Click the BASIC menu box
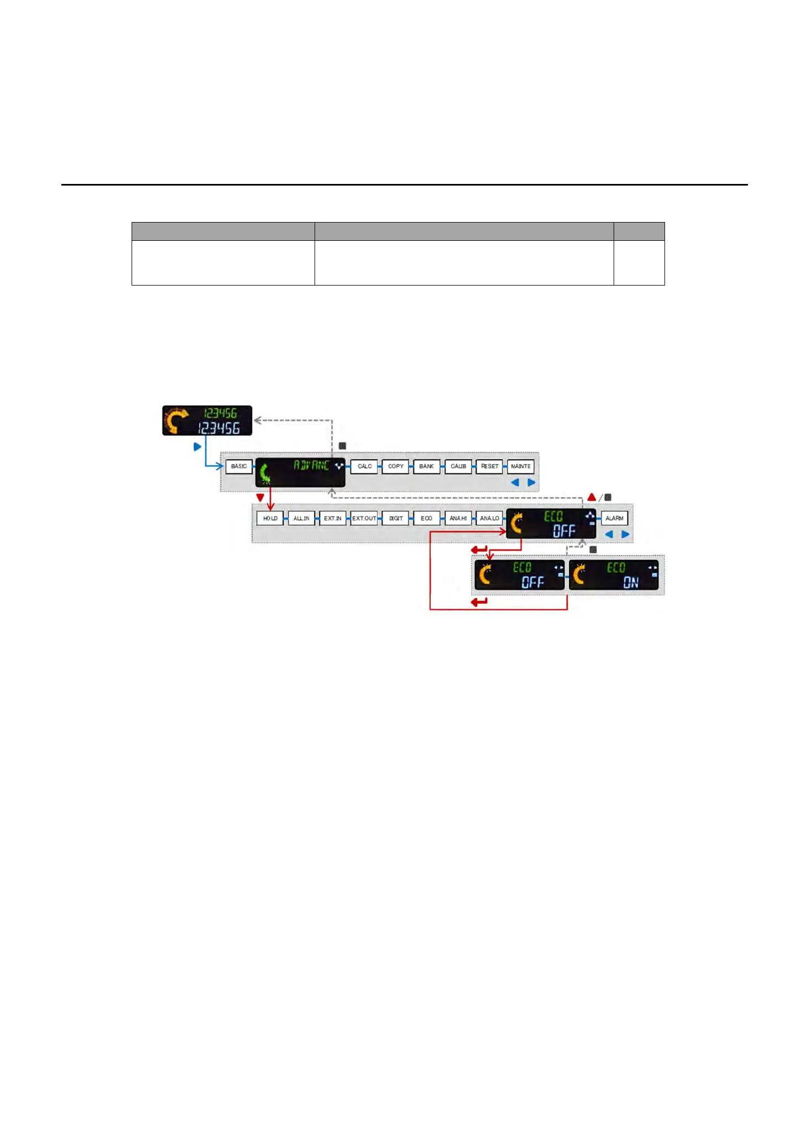coord(239,466)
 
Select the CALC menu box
coord(364,466)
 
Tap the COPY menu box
coord(396,466)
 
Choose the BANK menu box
coord(427,466)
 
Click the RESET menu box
coord(489,466)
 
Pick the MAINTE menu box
coord(521,466)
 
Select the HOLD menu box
coord(270,518)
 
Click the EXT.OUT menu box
coord(364,518)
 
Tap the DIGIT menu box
coord(396,518)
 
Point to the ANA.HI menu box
coord(458,518)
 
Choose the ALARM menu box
coord(614,518)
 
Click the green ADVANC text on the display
coord(311,465)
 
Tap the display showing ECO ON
coord(614,575)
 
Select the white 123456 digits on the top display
coord(219,428)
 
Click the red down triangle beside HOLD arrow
coord(260,498)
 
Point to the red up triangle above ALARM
coord(592,497)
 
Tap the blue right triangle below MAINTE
coord(531,482)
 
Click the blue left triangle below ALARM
coord(609,534)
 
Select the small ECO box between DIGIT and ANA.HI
coord(427,518)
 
